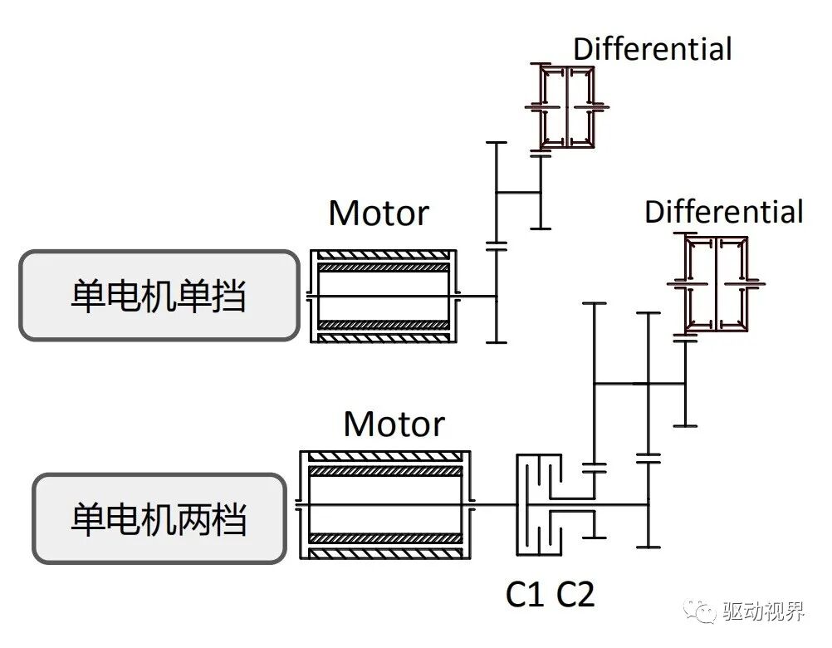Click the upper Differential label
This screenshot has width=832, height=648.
coord(653,49)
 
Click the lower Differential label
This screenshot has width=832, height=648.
coord(724,212)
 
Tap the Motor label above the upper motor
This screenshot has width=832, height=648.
coord(379,214)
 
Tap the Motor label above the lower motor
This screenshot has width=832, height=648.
coord(394,425)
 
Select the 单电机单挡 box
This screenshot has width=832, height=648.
coord(159,296)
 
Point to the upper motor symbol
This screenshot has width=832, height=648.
coord(383,296)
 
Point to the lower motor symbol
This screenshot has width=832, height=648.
coord(384,504)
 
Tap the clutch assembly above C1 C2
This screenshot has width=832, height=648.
coord(541,504)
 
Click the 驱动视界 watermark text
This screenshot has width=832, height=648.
coord(764,613)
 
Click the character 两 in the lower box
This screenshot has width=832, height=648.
coord(193,519)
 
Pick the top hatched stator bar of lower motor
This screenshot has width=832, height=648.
coord(384,458)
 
